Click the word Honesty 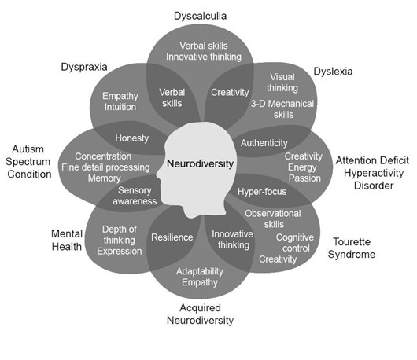click(131, 138)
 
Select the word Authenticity click(264, 143)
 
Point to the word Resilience click(172, 237)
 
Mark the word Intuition click(121, 108)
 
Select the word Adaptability click(201, 271)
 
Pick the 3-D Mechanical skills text click(282, 109)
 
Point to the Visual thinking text click(282, 83)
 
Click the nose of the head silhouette click(161, 184)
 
